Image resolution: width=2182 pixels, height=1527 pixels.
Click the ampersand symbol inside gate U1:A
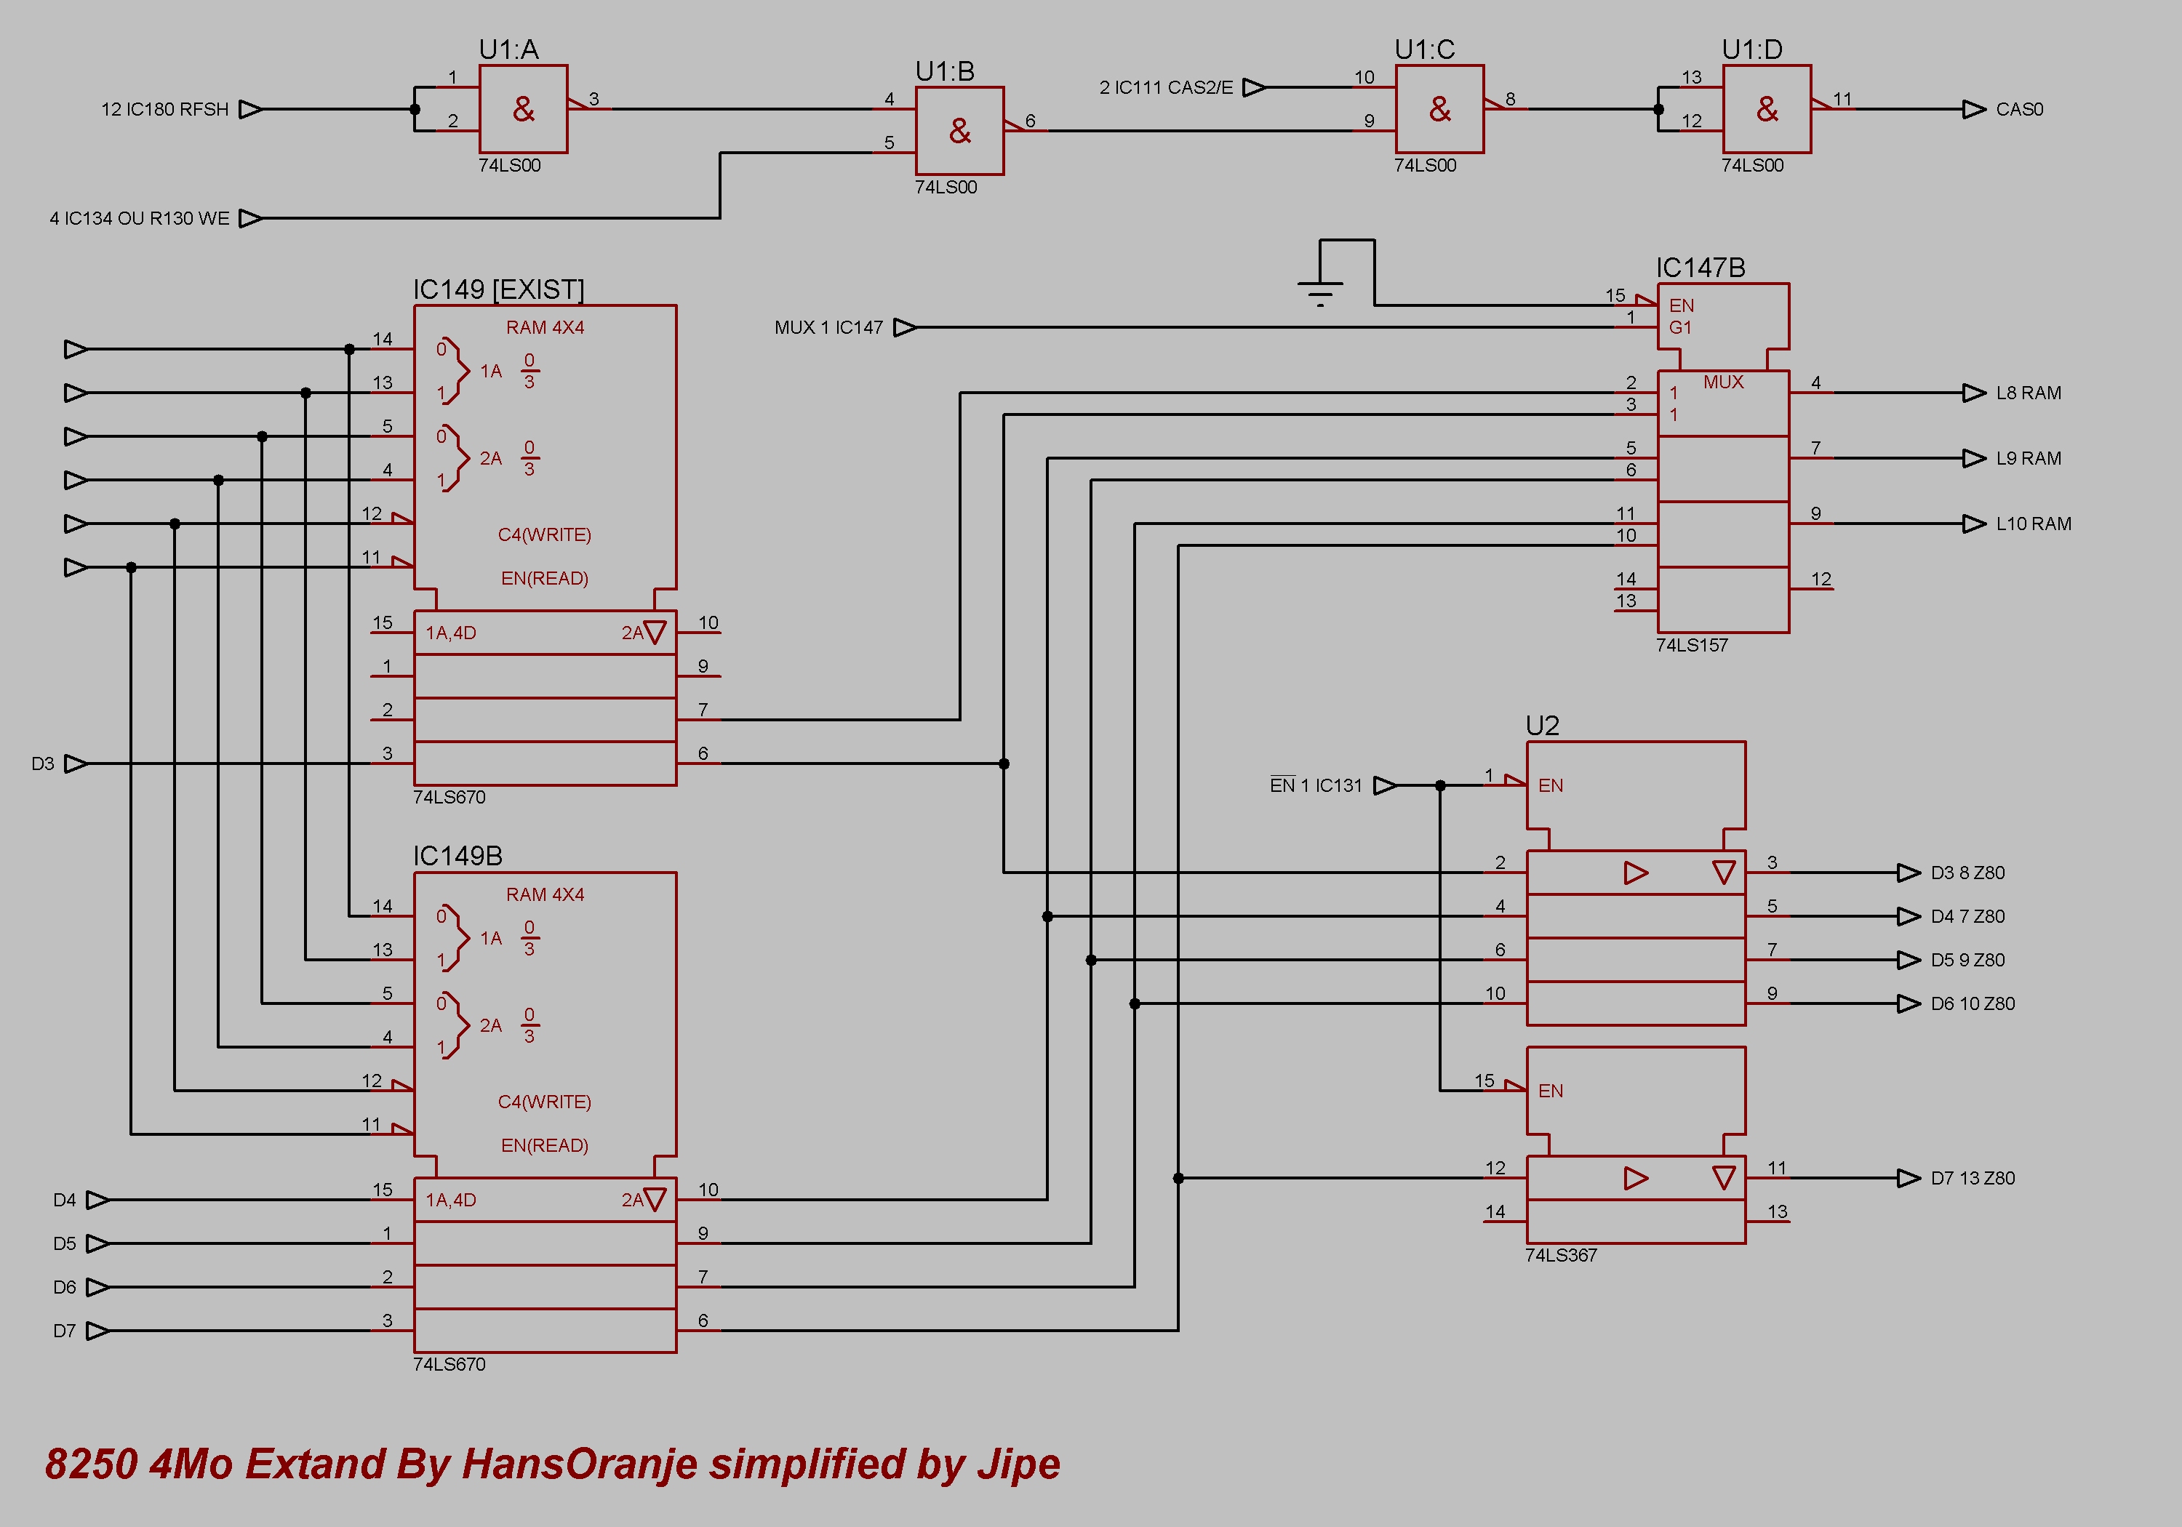[x=524, y=109]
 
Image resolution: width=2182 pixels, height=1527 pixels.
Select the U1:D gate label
[x=1751, y=49]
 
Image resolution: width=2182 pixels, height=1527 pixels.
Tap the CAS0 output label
[x=2020, y=109]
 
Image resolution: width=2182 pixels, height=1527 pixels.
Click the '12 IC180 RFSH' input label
[x=164, y=109]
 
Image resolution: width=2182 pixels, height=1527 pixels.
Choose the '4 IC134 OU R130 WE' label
[x=140, y=219]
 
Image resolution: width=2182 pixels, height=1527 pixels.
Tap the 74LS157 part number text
[x=1692, y=645]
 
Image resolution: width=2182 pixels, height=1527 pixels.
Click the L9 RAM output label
[x=2029, y=458]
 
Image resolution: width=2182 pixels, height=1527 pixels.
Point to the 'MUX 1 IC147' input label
[x=828, y=328]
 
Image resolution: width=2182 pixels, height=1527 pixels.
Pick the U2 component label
[x=1543, y=726]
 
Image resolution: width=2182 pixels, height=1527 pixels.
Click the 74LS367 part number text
[x=1562, y=1255]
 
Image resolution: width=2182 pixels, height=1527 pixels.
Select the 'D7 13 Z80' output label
[x=1973, y=1178]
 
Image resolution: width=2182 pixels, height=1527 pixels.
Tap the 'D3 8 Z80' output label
[x=1968, y=873]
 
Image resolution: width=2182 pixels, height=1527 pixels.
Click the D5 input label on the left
[x=65, y=1244]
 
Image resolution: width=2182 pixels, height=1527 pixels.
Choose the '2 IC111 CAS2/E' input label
[x=1166, y=87]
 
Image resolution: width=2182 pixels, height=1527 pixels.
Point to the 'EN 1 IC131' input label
[x=1316, y=785]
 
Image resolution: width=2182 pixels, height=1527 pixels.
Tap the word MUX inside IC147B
[x=1724, y=382]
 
